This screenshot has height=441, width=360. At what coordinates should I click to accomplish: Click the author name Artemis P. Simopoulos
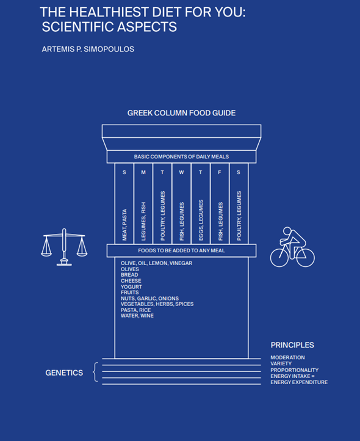(x=88, y=49)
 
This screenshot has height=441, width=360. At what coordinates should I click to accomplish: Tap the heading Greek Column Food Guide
(x=182, y=113)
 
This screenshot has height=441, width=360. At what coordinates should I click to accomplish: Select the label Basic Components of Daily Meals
(x=181, y=156)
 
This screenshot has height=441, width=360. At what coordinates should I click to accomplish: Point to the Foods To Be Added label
(x=181, y=250)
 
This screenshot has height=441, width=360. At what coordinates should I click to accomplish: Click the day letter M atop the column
(x=143, y=172)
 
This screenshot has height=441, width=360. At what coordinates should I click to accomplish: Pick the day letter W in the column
(x=182, y=172)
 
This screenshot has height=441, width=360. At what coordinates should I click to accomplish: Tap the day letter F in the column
(x=220, y=172)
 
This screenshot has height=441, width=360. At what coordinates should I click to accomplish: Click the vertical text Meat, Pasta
(x=124, y=225)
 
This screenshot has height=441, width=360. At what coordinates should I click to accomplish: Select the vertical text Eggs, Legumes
(x=201, y=221)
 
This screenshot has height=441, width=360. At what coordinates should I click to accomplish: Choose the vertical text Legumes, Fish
(x=143, y=221)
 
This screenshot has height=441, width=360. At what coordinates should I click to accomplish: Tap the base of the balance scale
(x=64, y=263)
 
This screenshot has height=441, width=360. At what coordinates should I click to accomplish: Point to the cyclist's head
(x=287, y=231)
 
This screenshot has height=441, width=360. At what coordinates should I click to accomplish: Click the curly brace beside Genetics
(x=96, y=372)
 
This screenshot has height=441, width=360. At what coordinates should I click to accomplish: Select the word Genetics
(x=64, y=373)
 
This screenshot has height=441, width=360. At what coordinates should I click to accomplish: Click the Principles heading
(x=292, y=345)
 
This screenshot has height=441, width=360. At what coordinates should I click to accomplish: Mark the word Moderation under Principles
(x=287, y=357)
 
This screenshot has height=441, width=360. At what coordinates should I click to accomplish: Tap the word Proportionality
(x=295, y=370)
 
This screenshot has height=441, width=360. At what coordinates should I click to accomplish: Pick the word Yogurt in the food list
(x=131, y=287)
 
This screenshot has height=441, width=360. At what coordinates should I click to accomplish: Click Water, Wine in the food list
(x=137, y=316)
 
